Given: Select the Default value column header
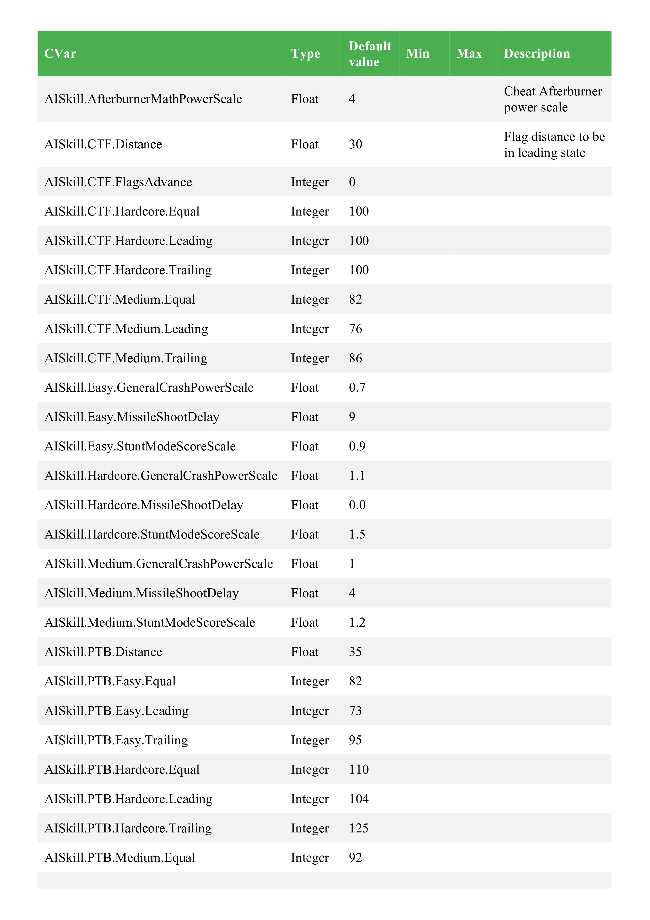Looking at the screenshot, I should click(369, 54).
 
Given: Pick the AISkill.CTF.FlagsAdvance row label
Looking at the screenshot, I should click(118, 182).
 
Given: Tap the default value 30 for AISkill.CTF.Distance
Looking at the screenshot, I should click(355, 144).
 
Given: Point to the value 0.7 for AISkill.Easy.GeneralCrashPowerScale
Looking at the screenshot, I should click(357, 388).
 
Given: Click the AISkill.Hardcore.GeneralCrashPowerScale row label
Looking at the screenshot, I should click(161, 476).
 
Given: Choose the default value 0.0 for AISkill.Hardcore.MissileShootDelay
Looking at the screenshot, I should click(357, 505).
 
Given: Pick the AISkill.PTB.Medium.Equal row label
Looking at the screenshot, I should click(120, 858).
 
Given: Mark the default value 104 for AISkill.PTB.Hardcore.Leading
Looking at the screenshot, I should click(359, 799).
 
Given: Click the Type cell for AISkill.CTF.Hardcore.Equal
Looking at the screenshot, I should click(310, 211).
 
